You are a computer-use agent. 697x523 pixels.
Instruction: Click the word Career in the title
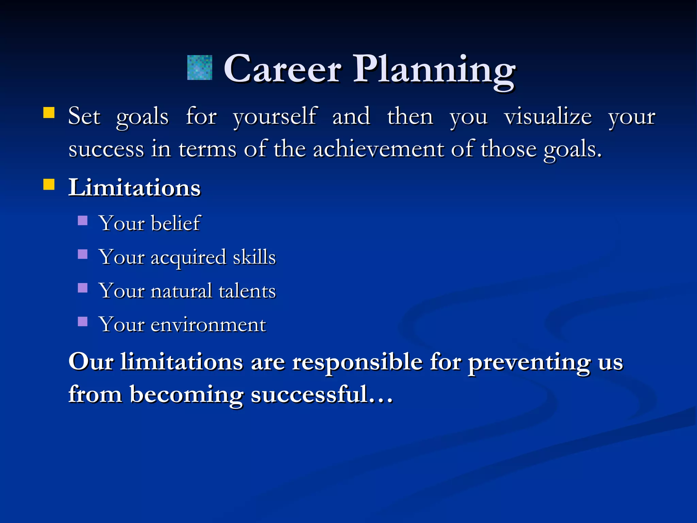click(x=282, y=69)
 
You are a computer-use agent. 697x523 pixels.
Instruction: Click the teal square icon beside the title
click(x=200, y=68)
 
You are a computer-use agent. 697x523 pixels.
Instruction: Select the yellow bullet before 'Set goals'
click(x=49, y=113)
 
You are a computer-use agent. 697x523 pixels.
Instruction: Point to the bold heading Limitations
click(x=134, y=188)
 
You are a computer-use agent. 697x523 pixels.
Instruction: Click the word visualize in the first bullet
click(x=548, y=116)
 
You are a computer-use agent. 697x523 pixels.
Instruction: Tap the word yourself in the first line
click(x=275, y=116)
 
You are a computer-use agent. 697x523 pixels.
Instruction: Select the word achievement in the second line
click(x=378, y=149)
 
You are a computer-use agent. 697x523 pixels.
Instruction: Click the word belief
click(x=176, y=223)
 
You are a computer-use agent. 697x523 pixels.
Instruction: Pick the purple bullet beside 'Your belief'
click(x=83, y=221)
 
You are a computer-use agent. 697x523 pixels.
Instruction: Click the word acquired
click(x=189, y=257)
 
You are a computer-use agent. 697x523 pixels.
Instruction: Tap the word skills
click(x=254, y=257)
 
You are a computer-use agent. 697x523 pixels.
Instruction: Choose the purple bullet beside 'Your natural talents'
click(x=83, y=288)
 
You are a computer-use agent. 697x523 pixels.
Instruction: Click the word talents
click(x=247, y=291)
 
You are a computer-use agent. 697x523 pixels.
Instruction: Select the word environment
click(x=208, y=324)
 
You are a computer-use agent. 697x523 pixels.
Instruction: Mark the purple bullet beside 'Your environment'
click(x=83, y=321)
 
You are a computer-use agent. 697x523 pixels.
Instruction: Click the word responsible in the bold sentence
click(x=357, y=362)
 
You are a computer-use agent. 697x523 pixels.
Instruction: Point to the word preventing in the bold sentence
click(x=529, y=362)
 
